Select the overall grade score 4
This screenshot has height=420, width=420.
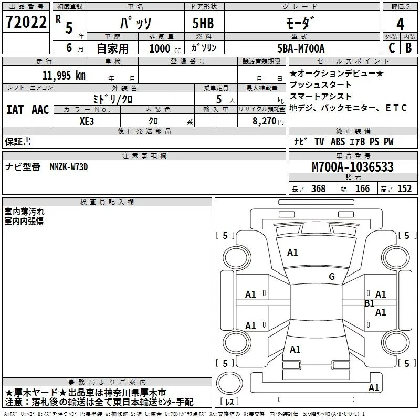[x=401, y=24]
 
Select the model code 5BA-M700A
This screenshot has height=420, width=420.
[x=301, y=48]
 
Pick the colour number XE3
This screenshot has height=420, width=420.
[x=87, y=120]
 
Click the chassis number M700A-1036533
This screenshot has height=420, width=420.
[x=352, y=167]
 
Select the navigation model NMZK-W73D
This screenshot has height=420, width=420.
[x=69, y=167]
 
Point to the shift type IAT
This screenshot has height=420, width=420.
[x=15, y=109]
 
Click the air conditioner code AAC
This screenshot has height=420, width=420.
[x=40, y=109]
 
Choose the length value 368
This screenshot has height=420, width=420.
[x=318, y=189]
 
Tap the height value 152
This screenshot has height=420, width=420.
[x=404, y=189]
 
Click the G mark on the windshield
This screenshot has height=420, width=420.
[x=332, y=276]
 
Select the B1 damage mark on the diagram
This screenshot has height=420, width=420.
[x=370, y=303]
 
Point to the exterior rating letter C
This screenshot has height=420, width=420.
[x=391, y=48]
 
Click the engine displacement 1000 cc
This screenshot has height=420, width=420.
[x=160, y=48]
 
